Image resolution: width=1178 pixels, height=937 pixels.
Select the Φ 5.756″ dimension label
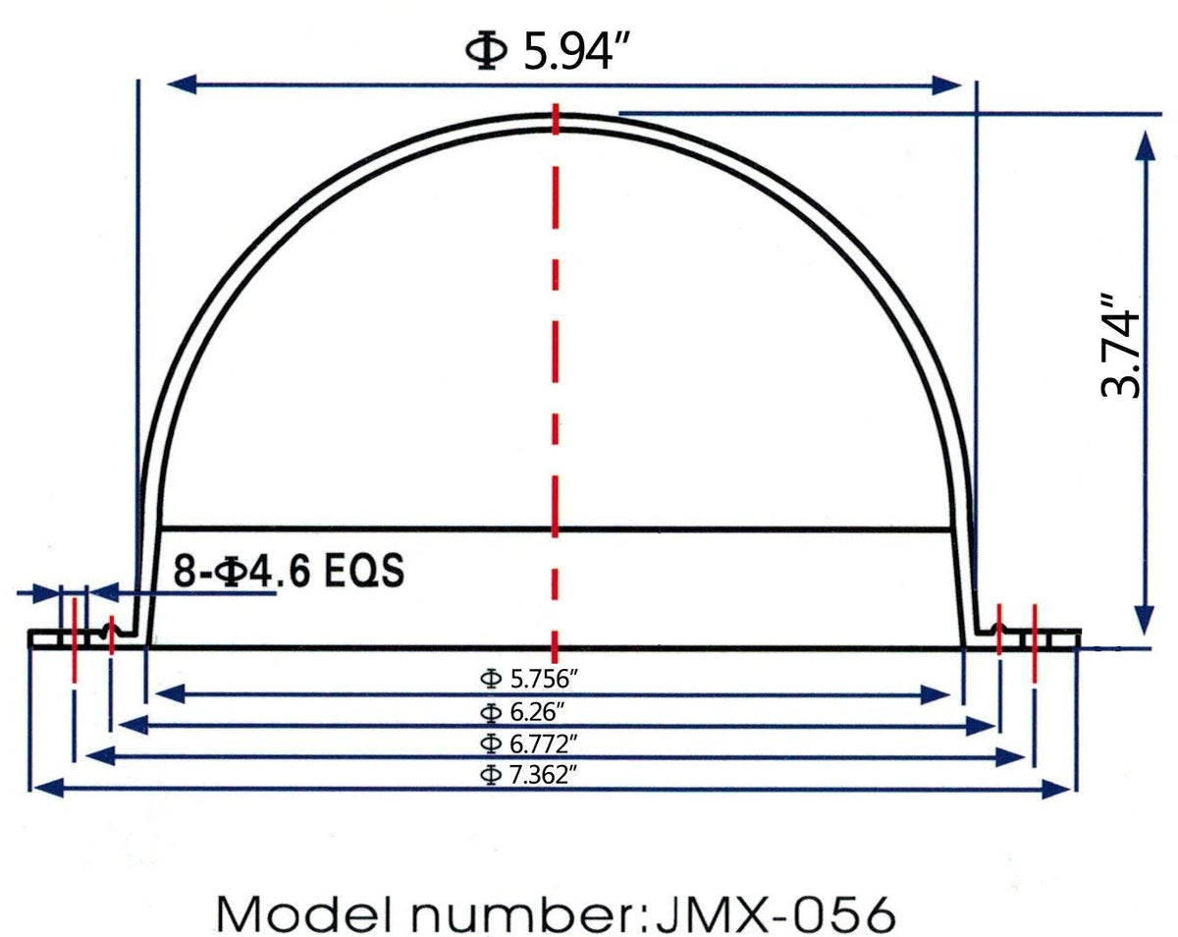pyautogui.click(x=529, y=679)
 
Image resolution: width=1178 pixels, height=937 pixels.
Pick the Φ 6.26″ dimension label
pyautogui.click(x=521, y=712)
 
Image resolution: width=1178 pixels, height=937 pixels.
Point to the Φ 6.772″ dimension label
pyautogui.click(x=529, y=744)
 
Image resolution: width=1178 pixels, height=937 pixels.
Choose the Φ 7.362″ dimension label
pyautogui.click(x=529, y=775)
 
